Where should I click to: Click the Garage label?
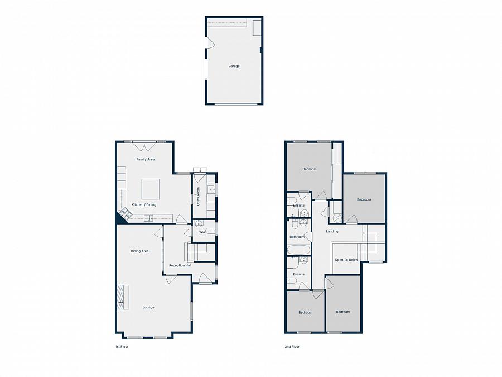(x=234, y=66)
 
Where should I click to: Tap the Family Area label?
(x=146, y=159)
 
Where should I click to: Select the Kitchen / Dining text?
(x=144, y=204)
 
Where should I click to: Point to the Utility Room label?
(x=198, y=195)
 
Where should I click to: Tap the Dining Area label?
(x=139, y=251)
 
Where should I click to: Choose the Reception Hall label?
(x=180, y=265)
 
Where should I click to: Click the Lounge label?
(x=148, y=307)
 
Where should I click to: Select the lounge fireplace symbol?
(x=122, y=297)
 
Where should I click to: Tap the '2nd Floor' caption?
(x=292, y=347)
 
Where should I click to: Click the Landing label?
(x=332, y=231)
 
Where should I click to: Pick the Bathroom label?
(x=297, y=237)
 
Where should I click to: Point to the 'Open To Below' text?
(x=346, y=260)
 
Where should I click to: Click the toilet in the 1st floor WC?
(x=210, y=231)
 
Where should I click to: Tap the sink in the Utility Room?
(x=212, y=190)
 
